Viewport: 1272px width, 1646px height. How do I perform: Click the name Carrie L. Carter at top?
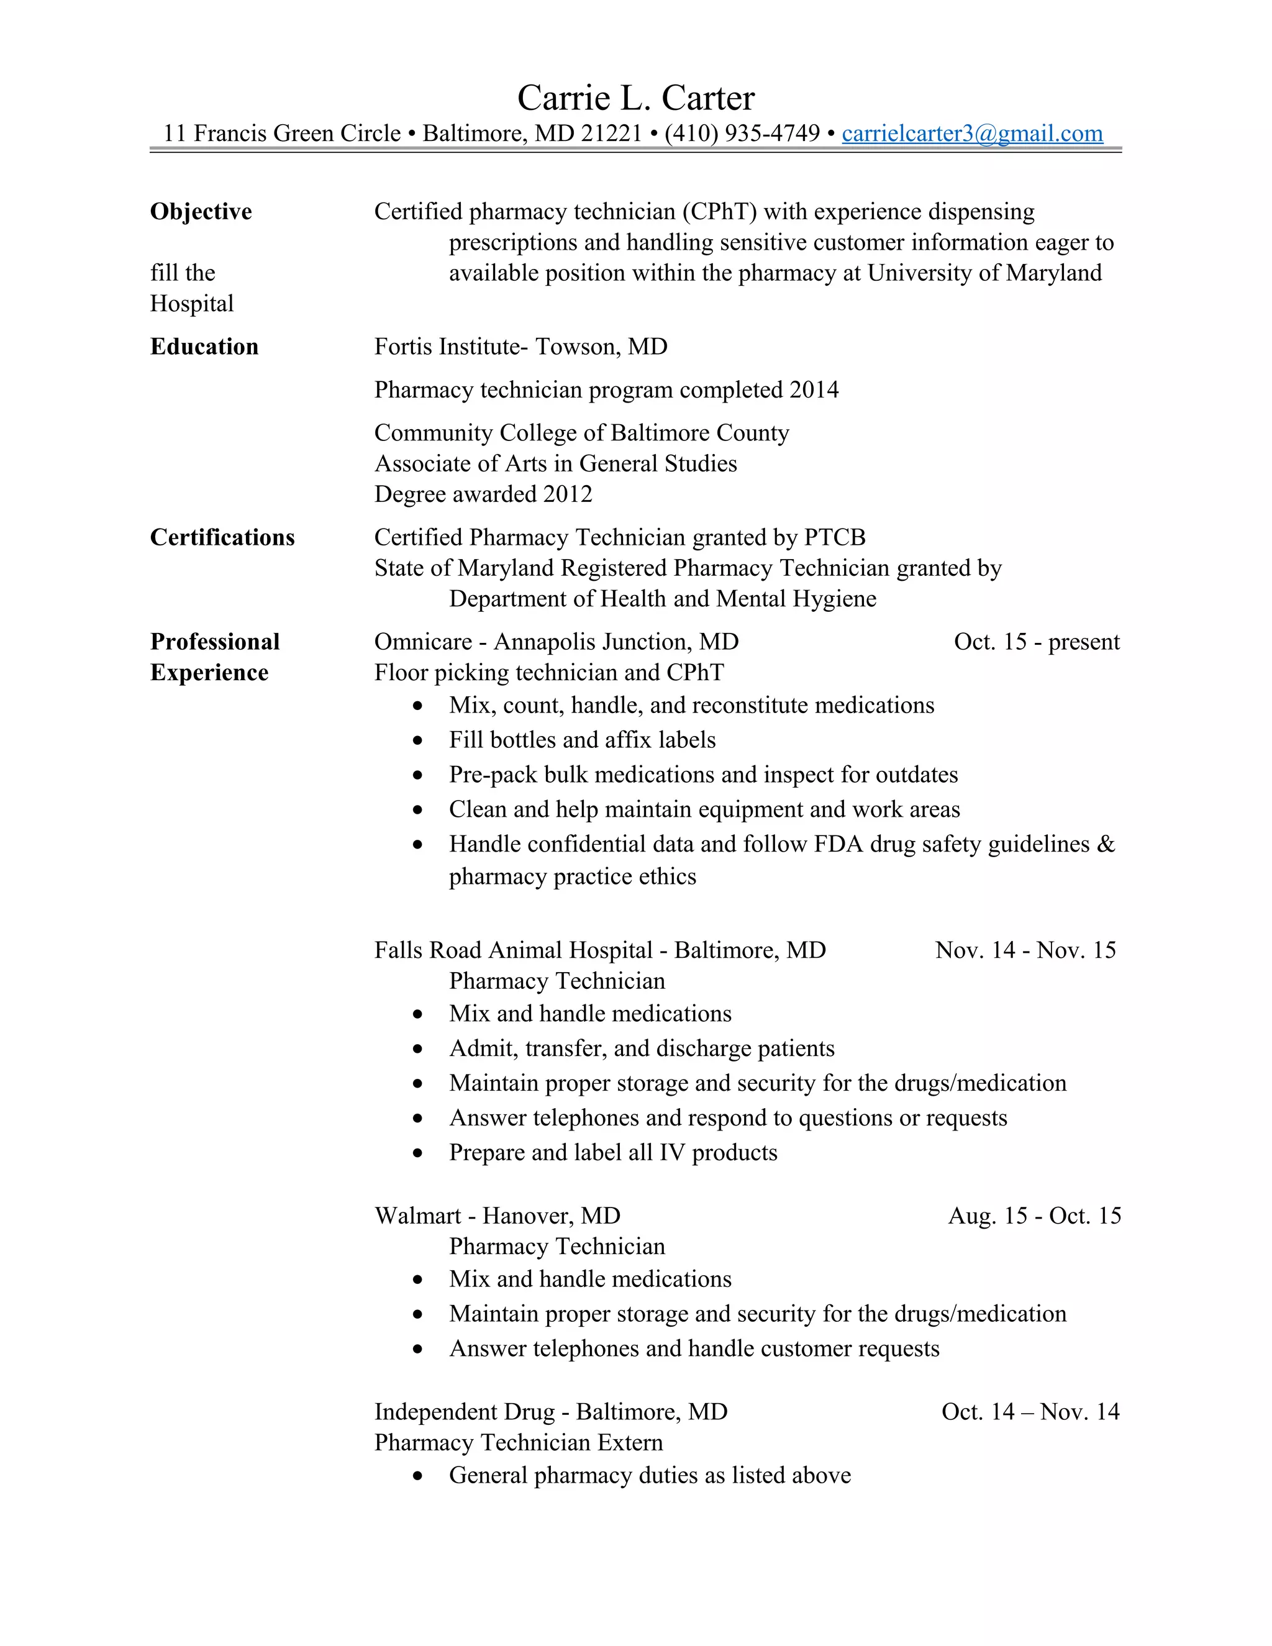click(635, 98)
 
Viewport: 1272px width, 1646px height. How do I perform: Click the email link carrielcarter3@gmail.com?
click(971, 134)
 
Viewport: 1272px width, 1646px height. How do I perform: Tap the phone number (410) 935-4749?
click(742, 134)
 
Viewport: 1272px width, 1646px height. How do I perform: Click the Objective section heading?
click(201, 212)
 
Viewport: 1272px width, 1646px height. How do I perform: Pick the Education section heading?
click(204, 347)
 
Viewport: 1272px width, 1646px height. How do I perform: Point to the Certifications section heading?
click(222, 537)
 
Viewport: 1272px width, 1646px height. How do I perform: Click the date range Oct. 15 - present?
click(1036, 642)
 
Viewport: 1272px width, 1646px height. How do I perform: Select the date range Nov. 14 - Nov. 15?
click(1025, 950)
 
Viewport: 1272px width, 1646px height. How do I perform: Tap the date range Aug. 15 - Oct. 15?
click(1034, 1216)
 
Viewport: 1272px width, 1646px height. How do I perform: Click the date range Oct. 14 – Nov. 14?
click(1030, 1412)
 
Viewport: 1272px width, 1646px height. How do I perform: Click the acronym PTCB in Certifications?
click(834, 537)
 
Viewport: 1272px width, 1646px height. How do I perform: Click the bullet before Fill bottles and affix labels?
click(417, 741)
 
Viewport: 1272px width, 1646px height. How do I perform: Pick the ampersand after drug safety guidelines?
click(1106, 844)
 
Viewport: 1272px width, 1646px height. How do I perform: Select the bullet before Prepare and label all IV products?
click(417, 1153)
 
